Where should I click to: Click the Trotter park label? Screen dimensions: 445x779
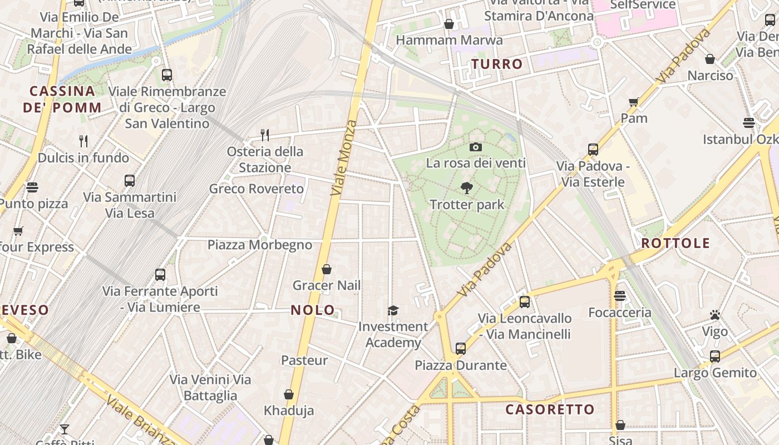tap(467, 205)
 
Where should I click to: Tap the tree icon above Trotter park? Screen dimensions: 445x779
tap(467, 188)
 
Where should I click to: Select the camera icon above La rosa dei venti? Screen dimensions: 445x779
tap(475, 147)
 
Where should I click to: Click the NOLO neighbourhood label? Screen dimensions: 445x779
tap(313, 310)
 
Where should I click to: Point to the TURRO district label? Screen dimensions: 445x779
tap(497, 64)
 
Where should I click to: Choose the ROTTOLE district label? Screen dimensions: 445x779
tap(676, 243)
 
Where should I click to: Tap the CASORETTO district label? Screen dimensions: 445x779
tap(550, 410)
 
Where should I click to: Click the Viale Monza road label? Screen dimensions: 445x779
tap(343, 157)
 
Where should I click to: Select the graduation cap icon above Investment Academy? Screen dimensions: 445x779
tap(393, 310)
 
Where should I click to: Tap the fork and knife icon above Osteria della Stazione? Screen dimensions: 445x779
tap(265, 135)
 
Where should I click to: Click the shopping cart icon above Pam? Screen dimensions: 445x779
tap(633, 102)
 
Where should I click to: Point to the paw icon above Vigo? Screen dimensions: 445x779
tap(715, 315)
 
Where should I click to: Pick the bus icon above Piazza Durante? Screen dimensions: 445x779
tap(460, 349)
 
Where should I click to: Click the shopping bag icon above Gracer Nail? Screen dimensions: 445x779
tap(327, 269)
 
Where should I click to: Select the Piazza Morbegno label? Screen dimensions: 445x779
tap(260, 245)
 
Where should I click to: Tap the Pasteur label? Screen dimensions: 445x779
tap(304, 360)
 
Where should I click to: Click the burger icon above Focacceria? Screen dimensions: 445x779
tap(620, 296)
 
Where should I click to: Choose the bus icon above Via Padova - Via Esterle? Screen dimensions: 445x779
tap(593, 149)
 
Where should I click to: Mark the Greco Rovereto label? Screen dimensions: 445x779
tap(257, 189)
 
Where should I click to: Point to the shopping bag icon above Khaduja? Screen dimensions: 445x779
tap(289, 394)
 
